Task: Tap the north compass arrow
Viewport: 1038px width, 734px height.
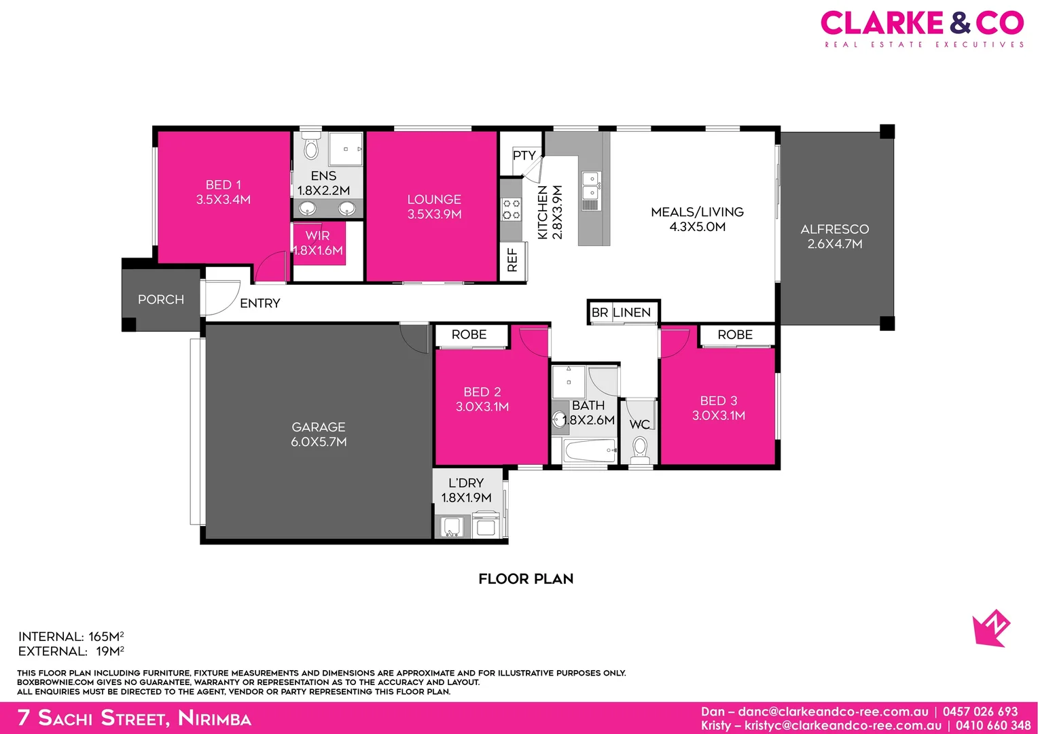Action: (x=991, y=628)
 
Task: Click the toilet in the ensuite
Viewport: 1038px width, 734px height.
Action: (x=311, y=147)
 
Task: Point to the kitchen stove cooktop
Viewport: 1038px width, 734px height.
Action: (x=511, y=209)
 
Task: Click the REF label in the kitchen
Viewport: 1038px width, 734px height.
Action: (x=512, y=260)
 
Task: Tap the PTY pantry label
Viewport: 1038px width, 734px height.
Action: (x=524, y=156)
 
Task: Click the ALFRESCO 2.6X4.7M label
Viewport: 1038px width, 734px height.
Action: (x=835, y=237)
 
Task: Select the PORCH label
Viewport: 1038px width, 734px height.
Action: (x=161, y=300)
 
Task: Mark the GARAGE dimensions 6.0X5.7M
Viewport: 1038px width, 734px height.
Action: (x=319, y=442)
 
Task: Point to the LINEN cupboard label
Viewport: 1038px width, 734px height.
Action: (x=632, y=313)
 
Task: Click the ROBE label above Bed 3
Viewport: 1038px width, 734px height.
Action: (x=735, y=335)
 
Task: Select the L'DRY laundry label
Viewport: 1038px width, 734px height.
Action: (x=466, y=483)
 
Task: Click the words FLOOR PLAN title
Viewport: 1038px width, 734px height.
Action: (x=526, y=579)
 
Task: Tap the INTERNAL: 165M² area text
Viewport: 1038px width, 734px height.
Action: (x=71, y=637)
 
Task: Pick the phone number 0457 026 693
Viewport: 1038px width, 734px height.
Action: (x=980, y=712)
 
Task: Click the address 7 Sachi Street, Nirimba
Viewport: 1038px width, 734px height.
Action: (x=135, y=718)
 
